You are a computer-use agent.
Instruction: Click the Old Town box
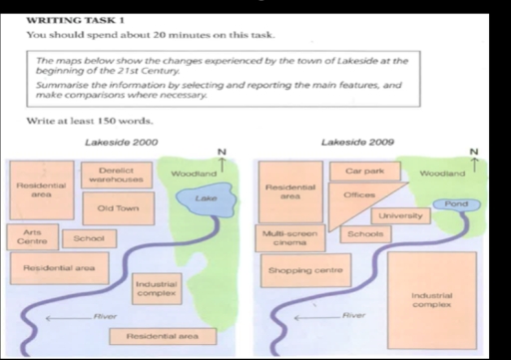pos(118,208)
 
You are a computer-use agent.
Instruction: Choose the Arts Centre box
pos(31,236)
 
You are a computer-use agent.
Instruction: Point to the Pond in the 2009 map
pos(456,203)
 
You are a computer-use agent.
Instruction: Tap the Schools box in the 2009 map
pos(365,234)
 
